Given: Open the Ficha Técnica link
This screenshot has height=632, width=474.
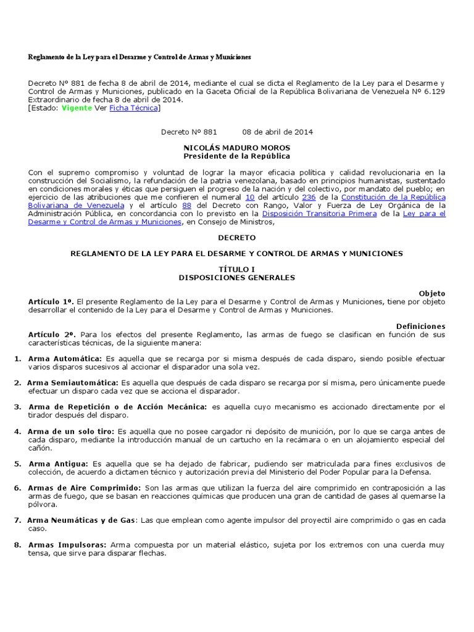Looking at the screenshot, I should [133, 108].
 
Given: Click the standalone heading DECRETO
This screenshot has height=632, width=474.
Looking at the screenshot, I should [237, 237].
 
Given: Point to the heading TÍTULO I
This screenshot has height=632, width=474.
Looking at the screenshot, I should [237, 270].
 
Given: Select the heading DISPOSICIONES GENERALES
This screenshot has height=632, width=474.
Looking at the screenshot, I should [237, 278].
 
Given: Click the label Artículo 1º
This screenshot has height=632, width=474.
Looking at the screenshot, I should [51, 302].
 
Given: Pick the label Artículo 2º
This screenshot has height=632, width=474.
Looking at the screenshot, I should [51, 334].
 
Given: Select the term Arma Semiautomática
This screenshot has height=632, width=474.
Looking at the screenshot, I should [73, 383].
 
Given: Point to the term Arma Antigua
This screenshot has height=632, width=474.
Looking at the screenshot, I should [58, 464].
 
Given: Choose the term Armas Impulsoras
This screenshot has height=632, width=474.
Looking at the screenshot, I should [67, 545].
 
